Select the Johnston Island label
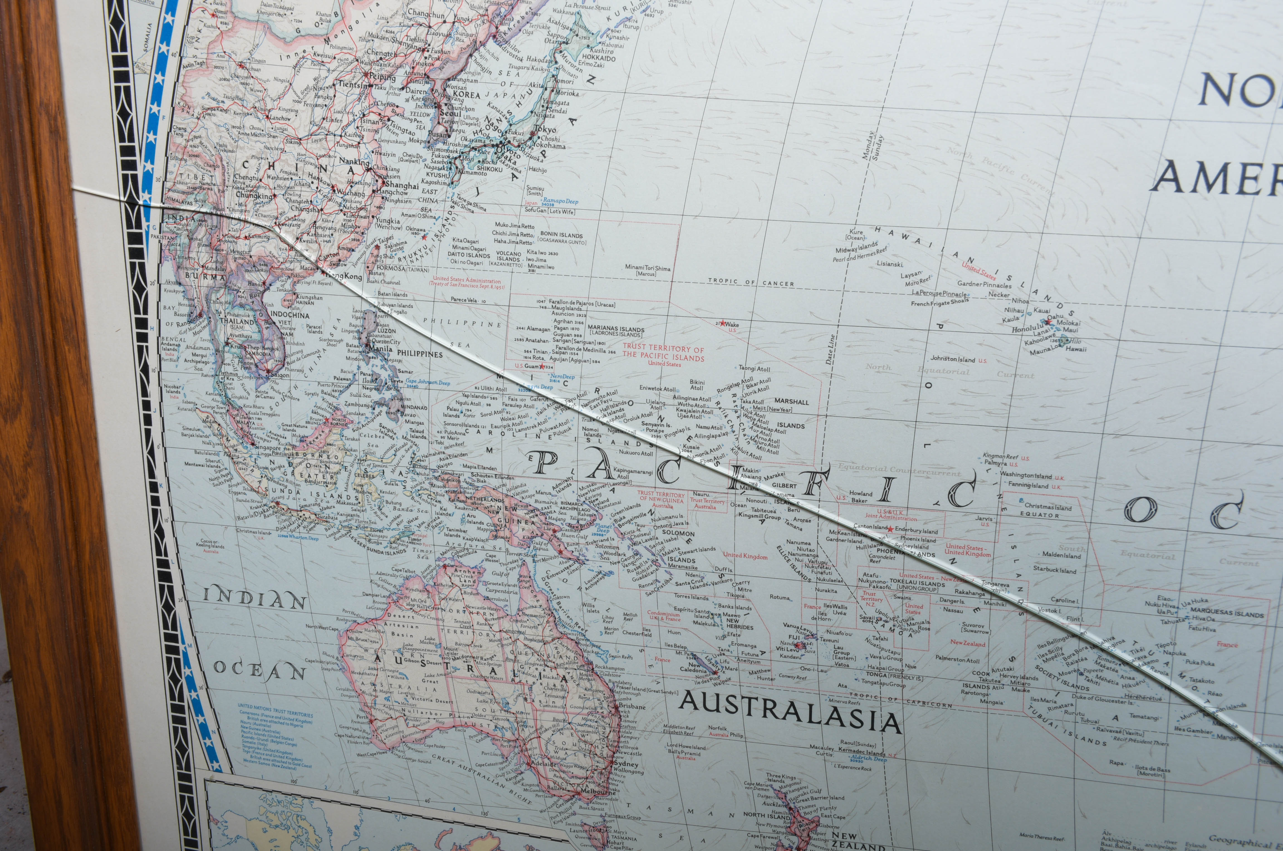pos(953,359)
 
